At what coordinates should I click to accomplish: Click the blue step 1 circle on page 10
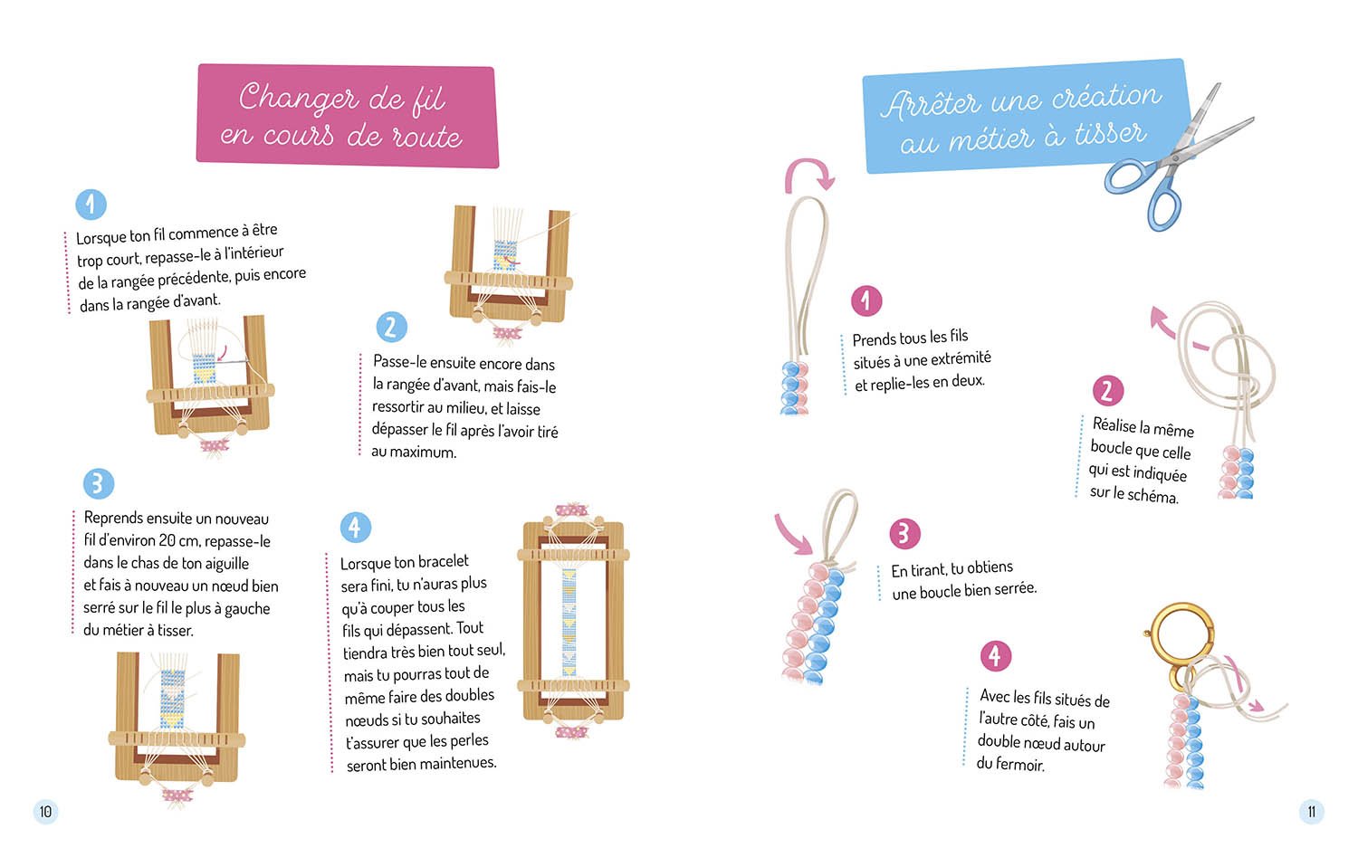(x=91, y=204)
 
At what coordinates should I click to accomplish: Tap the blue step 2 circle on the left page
(x=391, y=328)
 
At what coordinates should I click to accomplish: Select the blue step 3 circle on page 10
(x=99, y=483)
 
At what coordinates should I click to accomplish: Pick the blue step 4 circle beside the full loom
(x=355, y=527)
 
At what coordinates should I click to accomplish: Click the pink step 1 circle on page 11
(x=866, y=300)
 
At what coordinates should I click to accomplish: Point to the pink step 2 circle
(x=1108, y=390)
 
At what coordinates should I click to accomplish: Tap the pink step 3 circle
(x=904, y=533)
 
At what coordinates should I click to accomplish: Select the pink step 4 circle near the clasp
(x=996, y=655)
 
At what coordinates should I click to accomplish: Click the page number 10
(x=45, y=811)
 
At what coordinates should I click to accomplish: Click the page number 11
(x=1311, y=811)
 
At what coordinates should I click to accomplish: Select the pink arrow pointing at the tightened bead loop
(x=792, y=533)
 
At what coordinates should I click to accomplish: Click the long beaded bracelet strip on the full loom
(x=569, y=623)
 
